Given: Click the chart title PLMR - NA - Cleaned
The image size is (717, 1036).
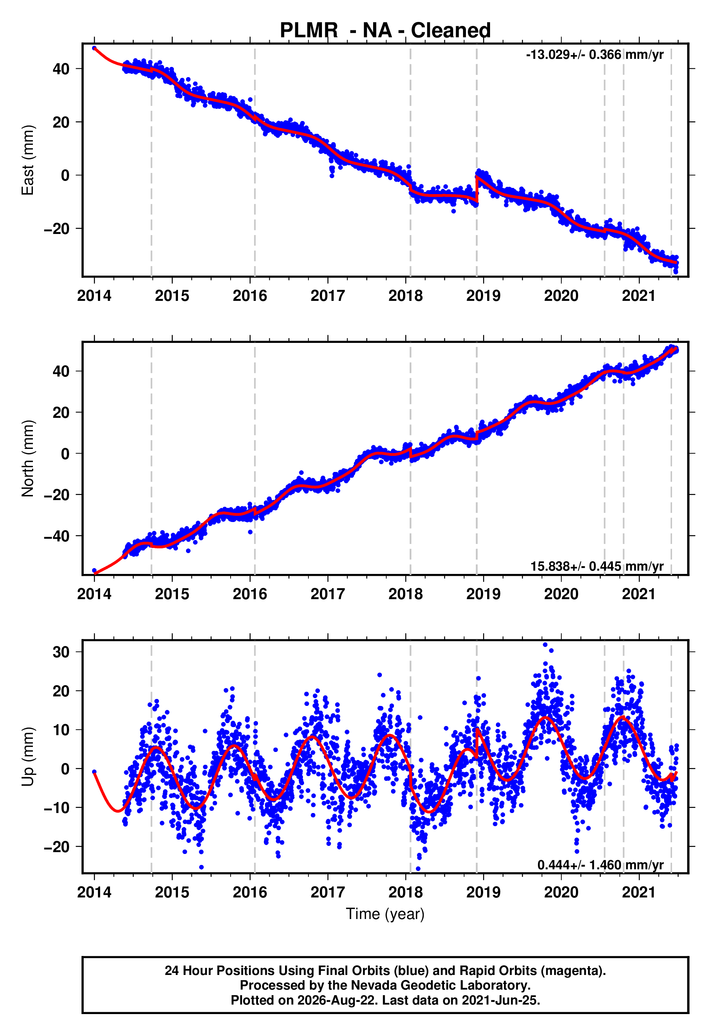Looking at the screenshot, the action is (385, 31).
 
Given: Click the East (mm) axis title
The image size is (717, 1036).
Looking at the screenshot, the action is (28, 160).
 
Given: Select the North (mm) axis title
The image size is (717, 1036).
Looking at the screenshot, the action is (28, 458).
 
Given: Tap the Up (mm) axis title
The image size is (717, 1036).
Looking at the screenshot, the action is (28, 757).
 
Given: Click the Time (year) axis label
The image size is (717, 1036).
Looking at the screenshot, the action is (385, 914).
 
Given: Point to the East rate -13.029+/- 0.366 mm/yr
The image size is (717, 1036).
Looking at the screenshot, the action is (594, 55).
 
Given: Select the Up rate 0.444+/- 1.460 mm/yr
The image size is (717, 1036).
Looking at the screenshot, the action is (600, 865).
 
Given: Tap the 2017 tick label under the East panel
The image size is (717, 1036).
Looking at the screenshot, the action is (327, 296).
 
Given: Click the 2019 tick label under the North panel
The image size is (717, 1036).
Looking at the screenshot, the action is (483, 594).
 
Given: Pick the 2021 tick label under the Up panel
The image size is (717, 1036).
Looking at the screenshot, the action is (639, 892).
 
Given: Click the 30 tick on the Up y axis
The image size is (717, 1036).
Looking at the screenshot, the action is (61, 652).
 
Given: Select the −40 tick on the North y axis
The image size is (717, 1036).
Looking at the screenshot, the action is (57, 536).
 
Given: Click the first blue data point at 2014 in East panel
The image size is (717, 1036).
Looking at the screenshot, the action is (94, 48).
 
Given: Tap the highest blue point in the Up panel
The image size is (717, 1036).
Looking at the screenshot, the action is (545, 645).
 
